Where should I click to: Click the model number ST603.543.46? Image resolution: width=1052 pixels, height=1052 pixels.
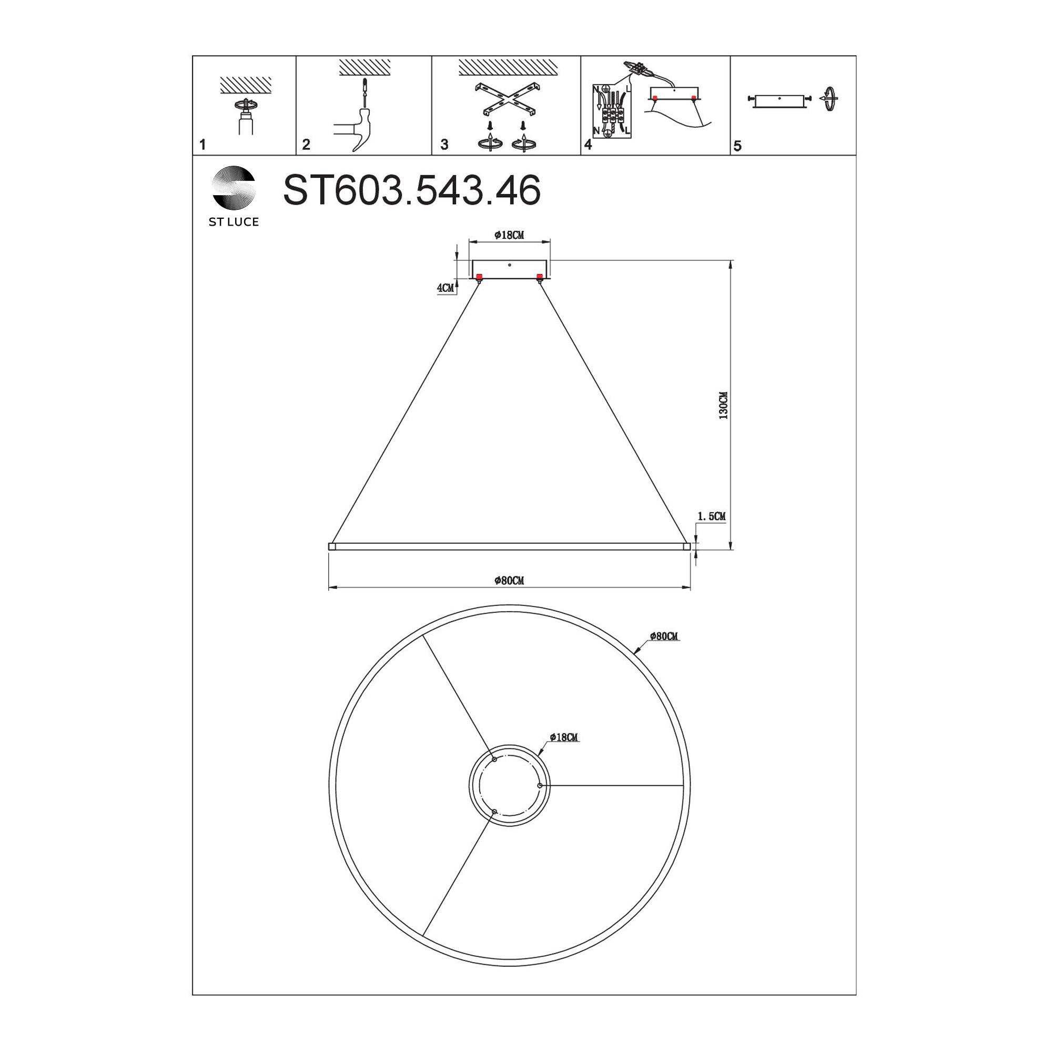412,190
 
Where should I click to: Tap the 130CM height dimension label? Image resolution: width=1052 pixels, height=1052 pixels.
723,405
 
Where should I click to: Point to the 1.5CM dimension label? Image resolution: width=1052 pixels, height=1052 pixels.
711,516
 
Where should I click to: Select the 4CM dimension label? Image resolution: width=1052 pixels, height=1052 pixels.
446,288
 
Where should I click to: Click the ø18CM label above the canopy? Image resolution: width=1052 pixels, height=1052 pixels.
509,235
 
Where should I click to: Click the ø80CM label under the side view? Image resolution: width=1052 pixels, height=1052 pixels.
509,581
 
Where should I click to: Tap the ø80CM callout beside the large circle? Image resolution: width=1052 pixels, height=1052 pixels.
664,636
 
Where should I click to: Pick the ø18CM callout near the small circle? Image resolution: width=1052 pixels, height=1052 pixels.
563,737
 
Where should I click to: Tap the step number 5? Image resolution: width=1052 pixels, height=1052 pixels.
737,146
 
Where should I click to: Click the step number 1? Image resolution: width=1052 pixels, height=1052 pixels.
203,145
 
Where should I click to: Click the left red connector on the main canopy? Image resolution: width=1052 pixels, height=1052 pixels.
479,277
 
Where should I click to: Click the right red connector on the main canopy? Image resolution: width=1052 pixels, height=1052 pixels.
540,277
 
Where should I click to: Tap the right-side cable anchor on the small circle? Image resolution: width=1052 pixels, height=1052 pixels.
539,785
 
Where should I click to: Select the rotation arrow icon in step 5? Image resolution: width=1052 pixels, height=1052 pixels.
830,99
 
